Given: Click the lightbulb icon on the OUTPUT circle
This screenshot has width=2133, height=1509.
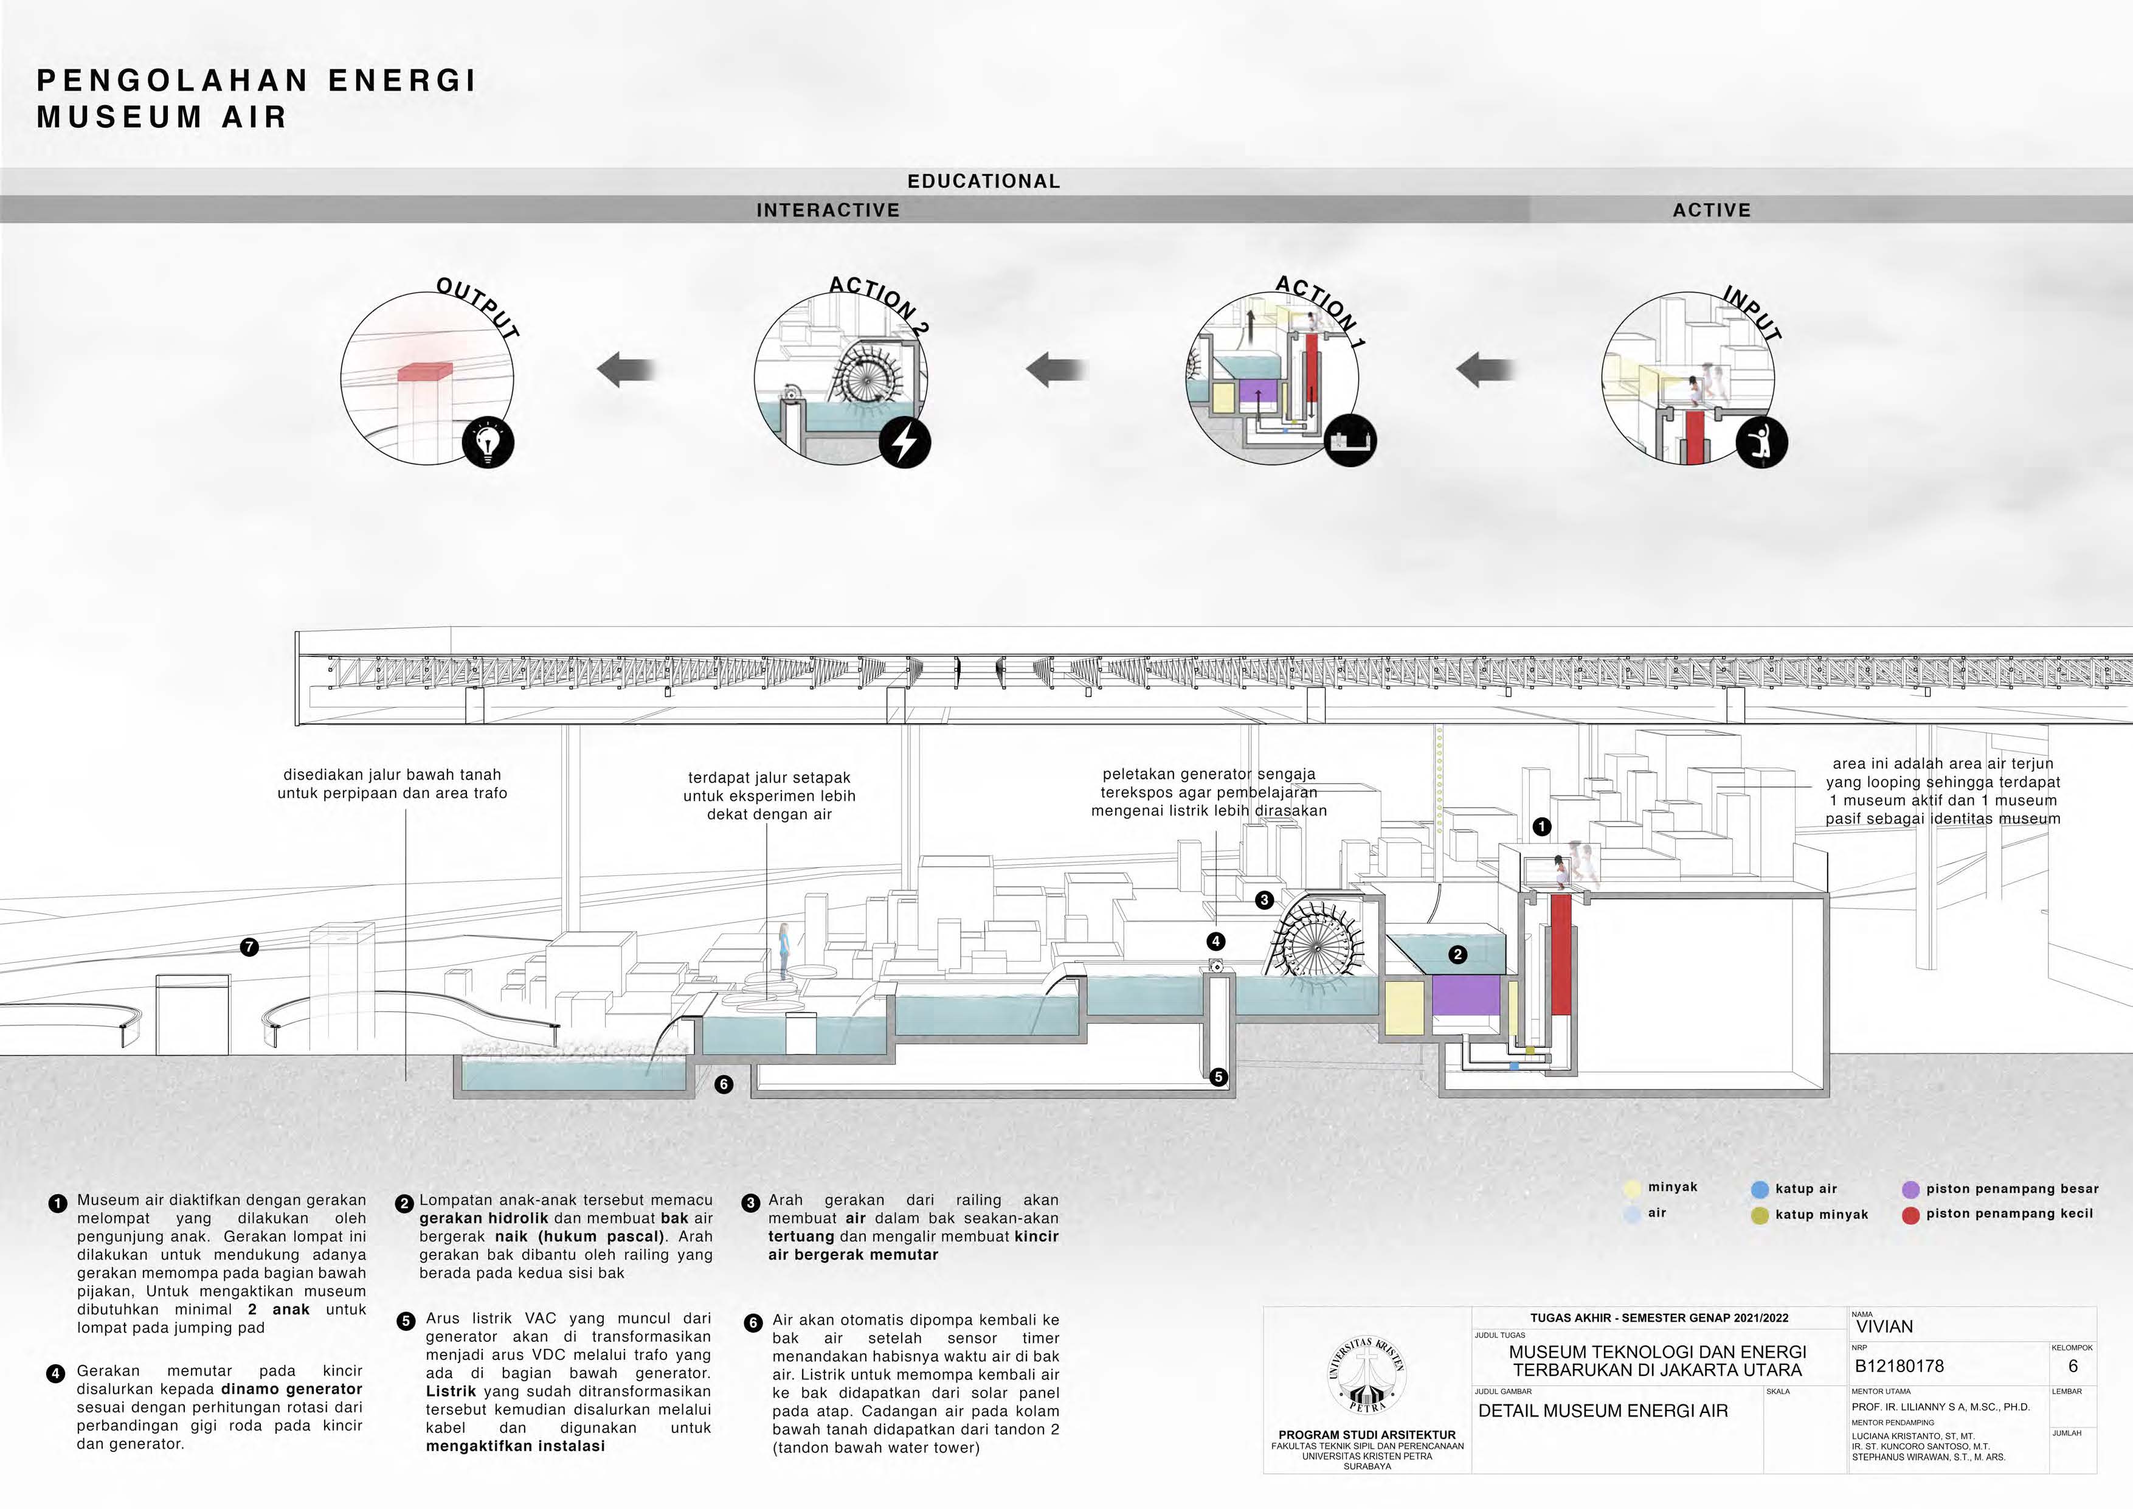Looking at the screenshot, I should click(x=488, y=442).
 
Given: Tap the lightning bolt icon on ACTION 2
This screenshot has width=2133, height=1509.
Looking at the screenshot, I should click(x=904, y=442).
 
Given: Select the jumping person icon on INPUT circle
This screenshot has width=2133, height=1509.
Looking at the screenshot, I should click(x=1761, y=442).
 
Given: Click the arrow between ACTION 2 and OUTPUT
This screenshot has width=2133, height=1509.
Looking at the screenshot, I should click(x=626, y=369).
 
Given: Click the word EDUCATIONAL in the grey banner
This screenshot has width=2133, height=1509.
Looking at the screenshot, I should click(x=983, y=181).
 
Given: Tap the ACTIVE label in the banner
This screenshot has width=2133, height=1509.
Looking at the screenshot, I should click(x=1711, y=210).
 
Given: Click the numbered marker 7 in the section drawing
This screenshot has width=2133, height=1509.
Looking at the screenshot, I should click(x=249, y=947).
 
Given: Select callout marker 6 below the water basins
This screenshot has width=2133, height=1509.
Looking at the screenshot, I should click(x=724, y=1083).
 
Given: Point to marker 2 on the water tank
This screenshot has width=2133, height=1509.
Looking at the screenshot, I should click(x=1457, y=954).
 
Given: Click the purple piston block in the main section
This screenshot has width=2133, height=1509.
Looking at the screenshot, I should click(x=1465, y=995).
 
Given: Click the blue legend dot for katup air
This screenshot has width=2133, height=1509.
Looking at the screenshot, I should click(x=1758, y=1189).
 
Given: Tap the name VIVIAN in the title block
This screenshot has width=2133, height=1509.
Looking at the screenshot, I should click(x=1884, y=1327).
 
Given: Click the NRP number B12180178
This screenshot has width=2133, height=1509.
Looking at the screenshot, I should click(x=1899, y=1366).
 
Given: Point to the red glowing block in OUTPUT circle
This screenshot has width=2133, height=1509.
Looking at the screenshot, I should click(x=426, y=372).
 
